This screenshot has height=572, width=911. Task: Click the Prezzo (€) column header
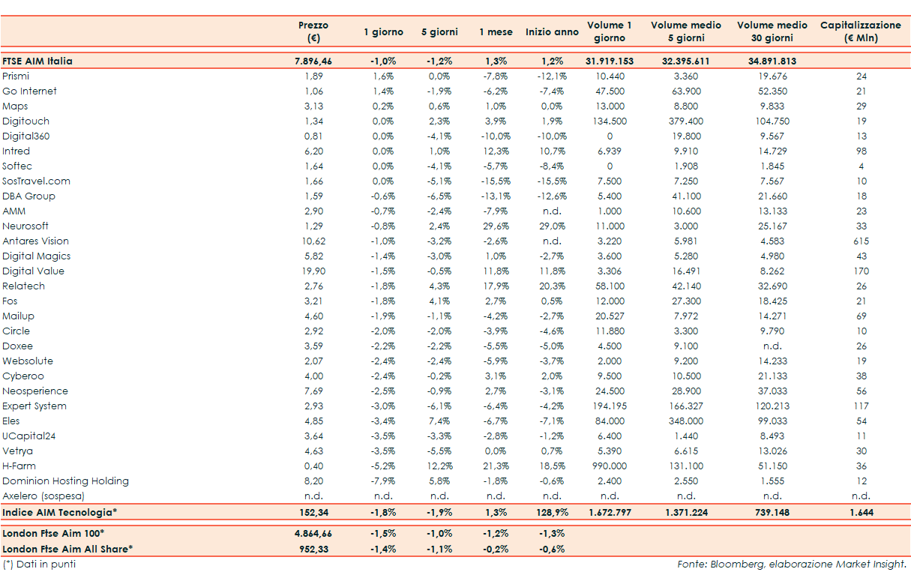313,31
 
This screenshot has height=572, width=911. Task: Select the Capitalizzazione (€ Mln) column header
860,31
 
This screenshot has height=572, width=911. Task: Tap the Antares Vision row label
35,241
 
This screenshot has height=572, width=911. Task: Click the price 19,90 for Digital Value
316,271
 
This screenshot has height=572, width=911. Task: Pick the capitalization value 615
861,241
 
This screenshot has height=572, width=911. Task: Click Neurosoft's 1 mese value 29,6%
496,226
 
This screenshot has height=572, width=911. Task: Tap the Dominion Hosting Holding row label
65,481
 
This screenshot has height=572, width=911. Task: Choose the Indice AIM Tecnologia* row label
60,513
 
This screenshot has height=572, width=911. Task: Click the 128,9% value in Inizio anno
552,513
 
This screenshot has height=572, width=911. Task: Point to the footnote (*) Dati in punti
39,565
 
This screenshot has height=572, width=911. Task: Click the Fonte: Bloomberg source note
791,565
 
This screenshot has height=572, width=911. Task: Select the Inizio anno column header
552,32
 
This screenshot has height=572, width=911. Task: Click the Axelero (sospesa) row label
43,496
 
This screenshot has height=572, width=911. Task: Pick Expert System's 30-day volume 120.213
772,406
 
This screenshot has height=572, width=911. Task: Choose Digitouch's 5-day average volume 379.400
685,121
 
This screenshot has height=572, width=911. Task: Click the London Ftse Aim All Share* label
67,549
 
